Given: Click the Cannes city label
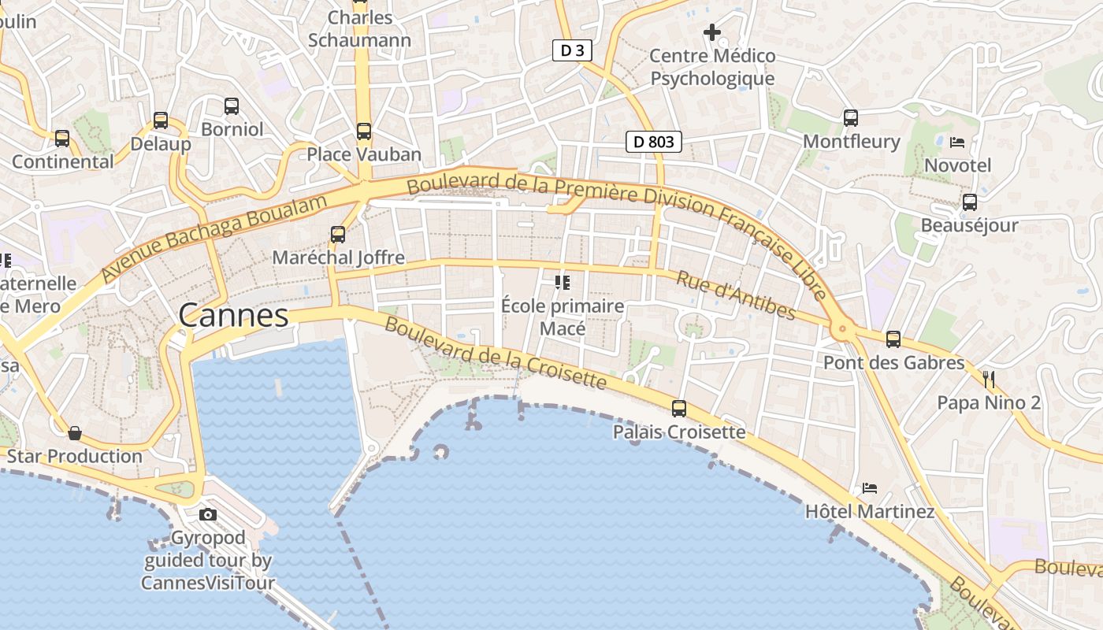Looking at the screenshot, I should point(233,316).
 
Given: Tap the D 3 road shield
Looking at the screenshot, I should point(572,51).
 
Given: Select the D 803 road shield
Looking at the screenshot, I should point(653,142).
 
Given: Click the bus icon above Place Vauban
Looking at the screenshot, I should point(363,132).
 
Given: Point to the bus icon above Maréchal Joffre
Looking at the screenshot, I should point(338,234).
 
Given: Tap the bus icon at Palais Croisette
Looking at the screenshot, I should point(678,409).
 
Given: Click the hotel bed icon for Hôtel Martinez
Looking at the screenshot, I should point(870,488).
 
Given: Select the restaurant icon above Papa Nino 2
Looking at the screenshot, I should point(989,380).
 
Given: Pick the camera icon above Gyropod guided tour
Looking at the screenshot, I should point(208,515).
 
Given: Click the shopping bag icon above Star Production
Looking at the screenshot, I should point(75,433).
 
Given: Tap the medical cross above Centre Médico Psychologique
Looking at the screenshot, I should point(712,32).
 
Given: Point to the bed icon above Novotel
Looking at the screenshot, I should point(957,143).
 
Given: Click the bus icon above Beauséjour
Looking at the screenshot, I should point(970,202).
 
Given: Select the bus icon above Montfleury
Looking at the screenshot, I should point(851,118).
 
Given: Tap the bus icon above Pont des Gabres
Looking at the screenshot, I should point(893,339).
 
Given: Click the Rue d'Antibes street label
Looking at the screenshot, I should point(737,297).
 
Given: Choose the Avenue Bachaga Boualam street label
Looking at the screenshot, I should point(214,238).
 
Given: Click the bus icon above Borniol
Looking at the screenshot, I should point(232,106).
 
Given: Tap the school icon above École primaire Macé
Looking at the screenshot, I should point(563,282).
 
